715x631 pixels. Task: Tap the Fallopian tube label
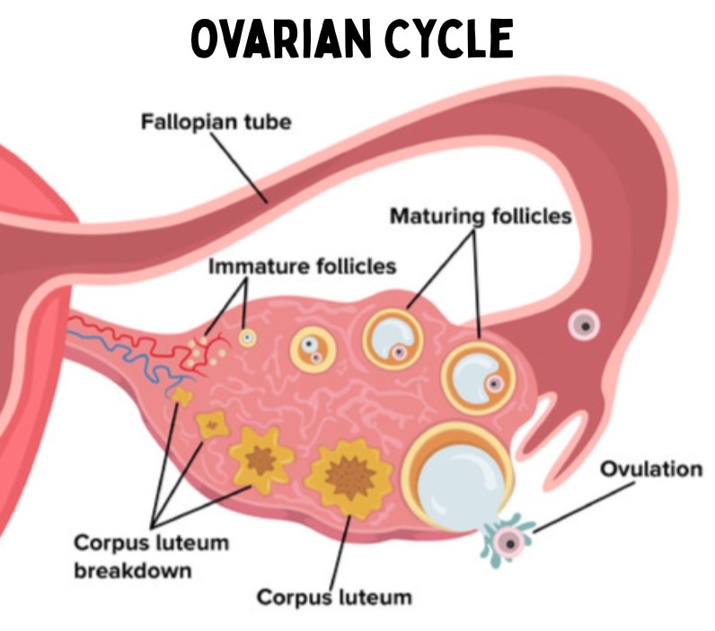point(216,122)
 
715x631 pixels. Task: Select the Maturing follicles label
point(481,216)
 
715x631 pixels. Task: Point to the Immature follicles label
point(303,266)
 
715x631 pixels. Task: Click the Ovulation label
point(651,469)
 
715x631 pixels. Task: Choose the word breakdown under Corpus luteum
point(133,570)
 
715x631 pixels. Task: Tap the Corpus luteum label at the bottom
point(334,597)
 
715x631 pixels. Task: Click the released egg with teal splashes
point(509,542)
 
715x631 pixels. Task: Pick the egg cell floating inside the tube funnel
point(584,325)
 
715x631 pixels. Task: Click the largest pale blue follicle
point(458,478)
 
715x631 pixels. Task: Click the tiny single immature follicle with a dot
point(247,337)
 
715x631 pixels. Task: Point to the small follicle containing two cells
point(313,349)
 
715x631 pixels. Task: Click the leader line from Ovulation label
point(584,507)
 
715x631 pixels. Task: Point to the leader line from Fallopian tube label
point(239,166)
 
